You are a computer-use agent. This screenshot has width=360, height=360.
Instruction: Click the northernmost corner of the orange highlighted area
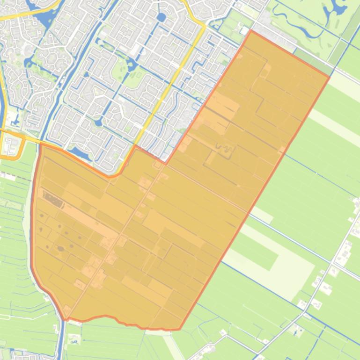tap(251, 31)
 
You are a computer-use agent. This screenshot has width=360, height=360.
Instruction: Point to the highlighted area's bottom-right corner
tap(180, 329)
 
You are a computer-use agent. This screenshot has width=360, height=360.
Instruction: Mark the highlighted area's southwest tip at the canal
tap(65, 320)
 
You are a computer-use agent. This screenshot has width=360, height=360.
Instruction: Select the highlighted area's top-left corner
tap(41, 144)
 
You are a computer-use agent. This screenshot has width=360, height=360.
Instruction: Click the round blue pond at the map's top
tap(162, 18)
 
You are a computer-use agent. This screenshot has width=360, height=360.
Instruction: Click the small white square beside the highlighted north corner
tap(244, 30)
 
